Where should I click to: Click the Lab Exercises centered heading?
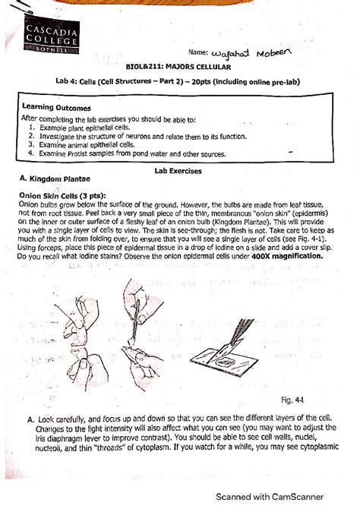pos(178,172)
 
